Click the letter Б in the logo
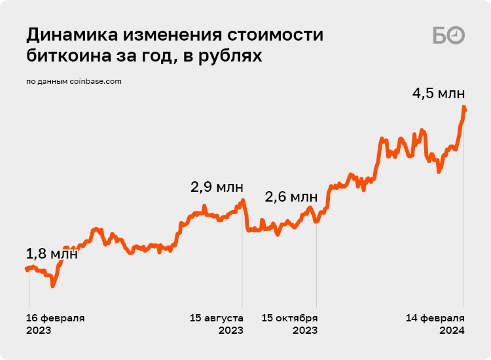click(x=440, y=35)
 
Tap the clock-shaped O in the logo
click(x=456, y=35)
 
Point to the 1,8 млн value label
click(x=52, y=253)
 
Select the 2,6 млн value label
click(x=291, y=196)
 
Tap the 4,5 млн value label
click(x=438, y=94)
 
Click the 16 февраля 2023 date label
click(x=55, y=324)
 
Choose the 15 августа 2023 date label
click(x=217, y=324)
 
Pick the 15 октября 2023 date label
click(x=290, y=324)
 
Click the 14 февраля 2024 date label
click(x=435, y=324)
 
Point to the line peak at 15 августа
click(x=242, y=200)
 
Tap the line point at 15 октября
click(x=317, y=221)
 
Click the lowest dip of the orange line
click(x=52, y=286)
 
